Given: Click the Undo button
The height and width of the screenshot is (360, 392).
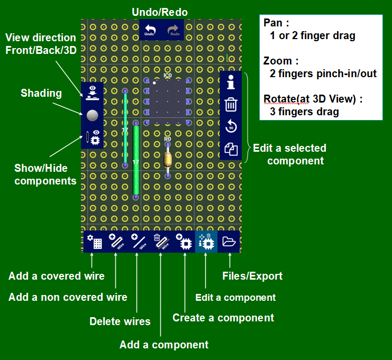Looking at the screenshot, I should pos(151,30).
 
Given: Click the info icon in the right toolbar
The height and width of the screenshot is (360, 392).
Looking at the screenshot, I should pos(231,82).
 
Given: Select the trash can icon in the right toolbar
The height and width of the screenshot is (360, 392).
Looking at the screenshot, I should pos(231,105).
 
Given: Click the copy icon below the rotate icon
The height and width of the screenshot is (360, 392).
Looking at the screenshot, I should pos(231,150).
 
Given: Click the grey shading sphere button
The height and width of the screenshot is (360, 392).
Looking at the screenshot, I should pos(93,115).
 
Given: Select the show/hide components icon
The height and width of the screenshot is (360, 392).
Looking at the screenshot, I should pos(93,137).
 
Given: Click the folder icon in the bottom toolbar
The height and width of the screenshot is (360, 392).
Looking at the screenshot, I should pos(229,242).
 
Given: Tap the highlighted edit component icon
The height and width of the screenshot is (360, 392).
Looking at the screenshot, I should pos(206,242).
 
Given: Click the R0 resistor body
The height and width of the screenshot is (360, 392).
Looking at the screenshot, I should pos(167,157).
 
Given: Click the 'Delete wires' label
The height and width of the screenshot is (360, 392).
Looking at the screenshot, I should pos(120,321).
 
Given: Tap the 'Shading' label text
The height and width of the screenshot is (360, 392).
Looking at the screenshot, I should pos(41,94).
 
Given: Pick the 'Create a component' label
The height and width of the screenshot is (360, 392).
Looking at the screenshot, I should pos(223,318).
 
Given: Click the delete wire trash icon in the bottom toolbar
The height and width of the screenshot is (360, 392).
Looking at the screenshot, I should pos(161,242).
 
